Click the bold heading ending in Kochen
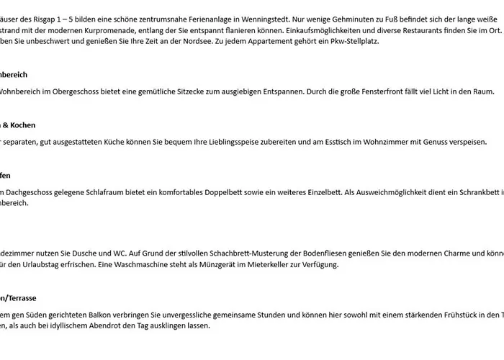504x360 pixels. click(x=17, y=125)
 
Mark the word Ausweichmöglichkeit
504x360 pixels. click(x=391, y=193)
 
